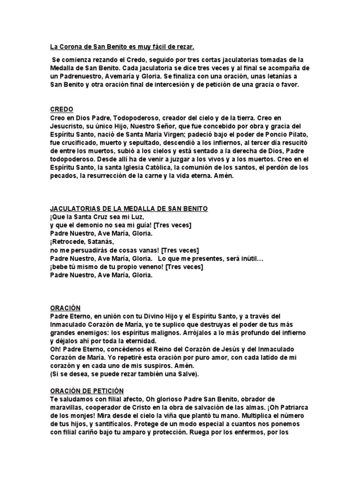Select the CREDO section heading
[61, 110]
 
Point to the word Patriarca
[291, 407]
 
